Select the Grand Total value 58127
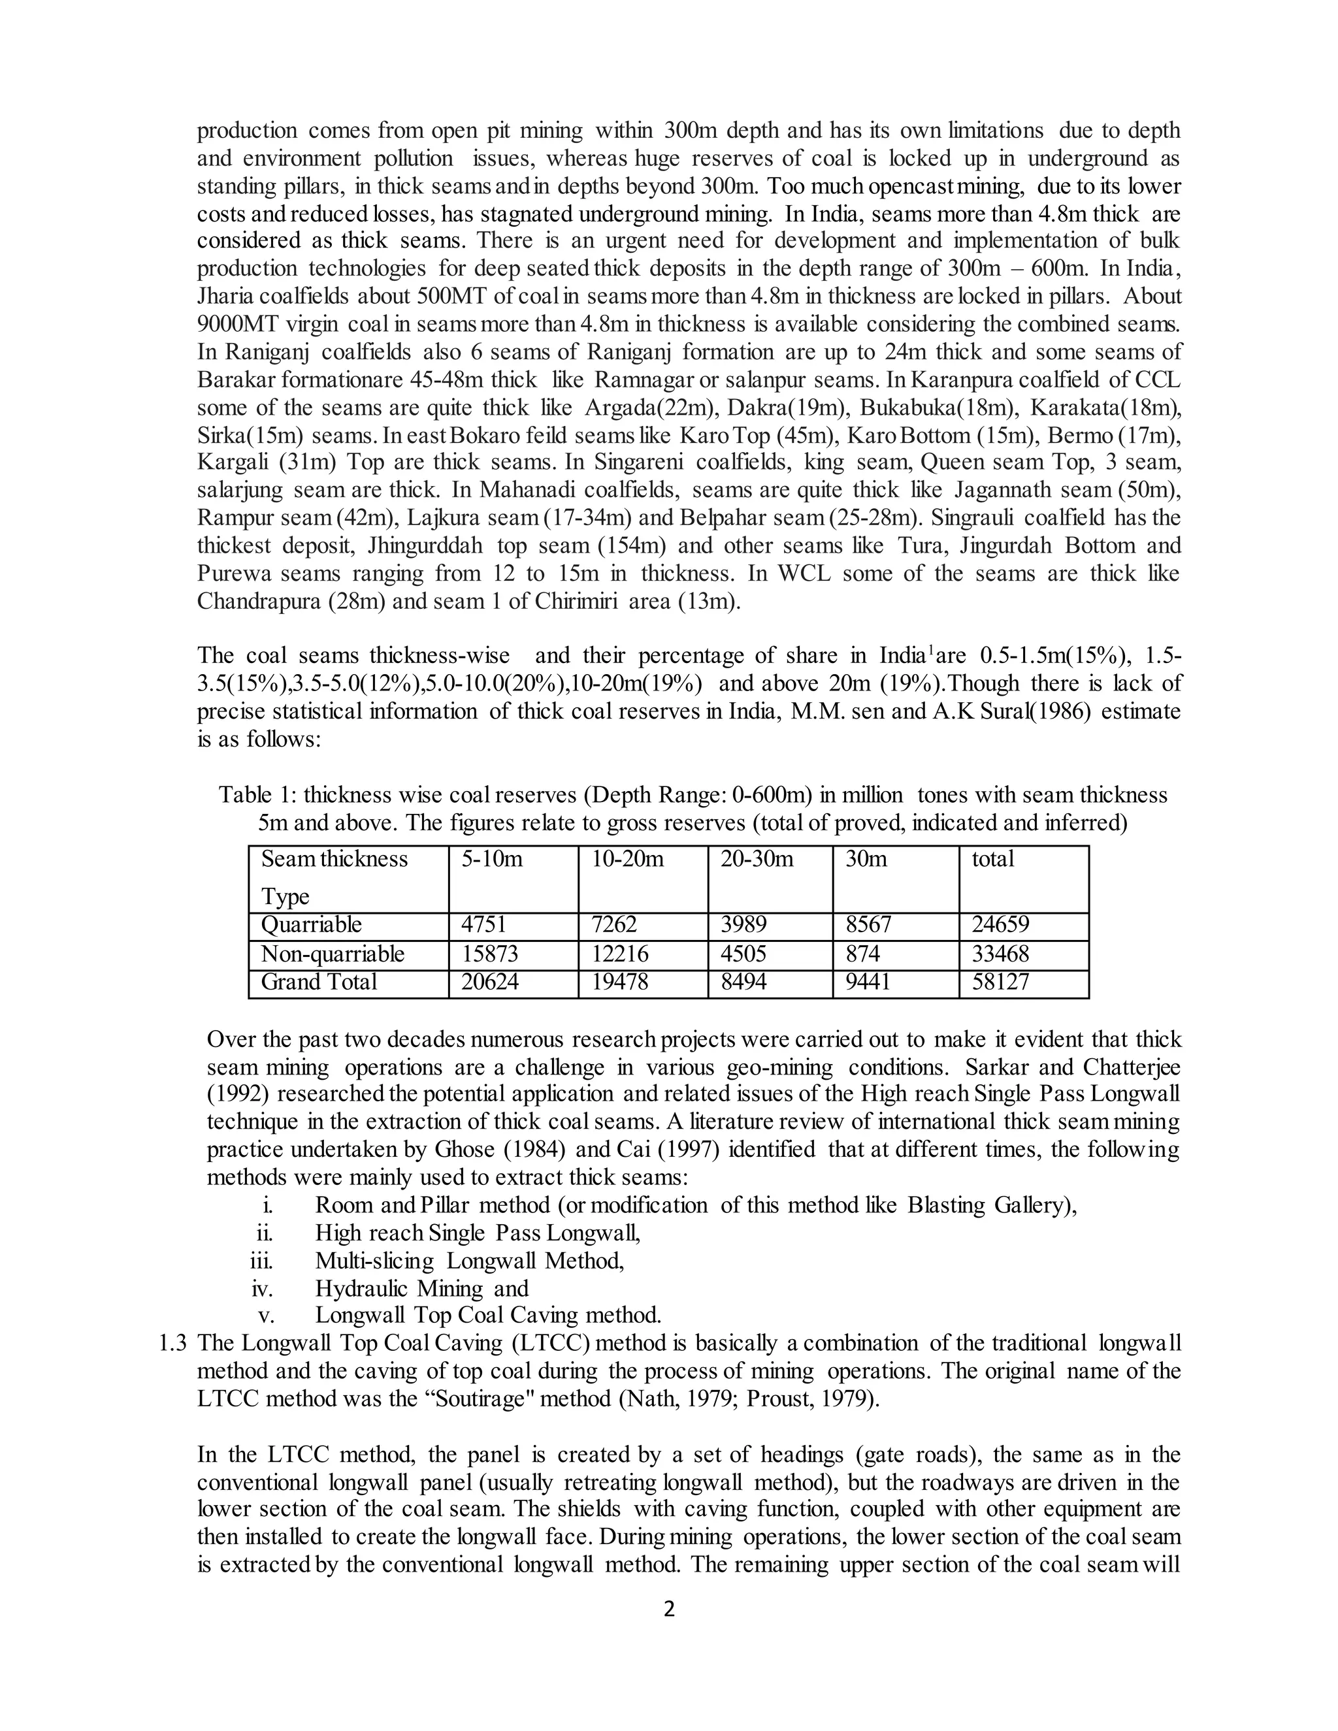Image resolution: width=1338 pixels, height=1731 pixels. [x=1000, y=982]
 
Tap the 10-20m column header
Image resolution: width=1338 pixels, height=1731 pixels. [x=627, y=859]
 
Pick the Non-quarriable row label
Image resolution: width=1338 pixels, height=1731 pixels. [x=333, y=954]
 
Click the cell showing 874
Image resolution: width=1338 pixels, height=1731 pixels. [x=862, y=954]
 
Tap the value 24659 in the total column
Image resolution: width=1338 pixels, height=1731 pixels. [x=1000, y=924]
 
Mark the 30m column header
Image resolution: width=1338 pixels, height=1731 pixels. [x=866, y=859]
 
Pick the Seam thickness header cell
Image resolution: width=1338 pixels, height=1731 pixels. [x=334, y=859]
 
